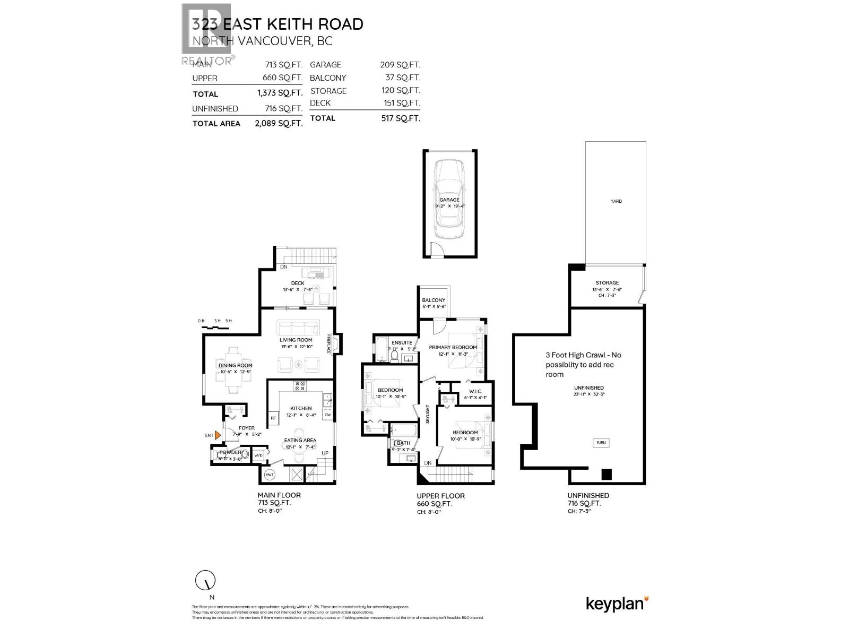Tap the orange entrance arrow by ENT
click(x=218, y=435)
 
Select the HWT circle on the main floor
click(x=269, y=474)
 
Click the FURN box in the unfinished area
click(x=601, y=442)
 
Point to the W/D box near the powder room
click(x=258, y=455)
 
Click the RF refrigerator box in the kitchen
click(x=273, y=418)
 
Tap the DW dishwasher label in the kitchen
click(x=327, y=415)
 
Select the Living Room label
click(x=296, y=340)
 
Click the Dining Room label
click(x=235, y=365)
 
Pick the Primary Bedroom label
click(x=453, y=347)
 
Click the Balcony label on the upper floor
click(x=434, y=300)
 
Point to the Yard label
click(x=616, y=201)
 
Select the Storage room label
click(x=607, y=283)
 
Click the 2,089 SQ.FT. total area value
click(x=279, y=123)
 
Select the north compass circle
click(x=205, y=581)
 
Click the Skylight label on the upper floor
click(x=428, y=415)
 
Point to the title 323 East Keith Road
click(x=278, y=24)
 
